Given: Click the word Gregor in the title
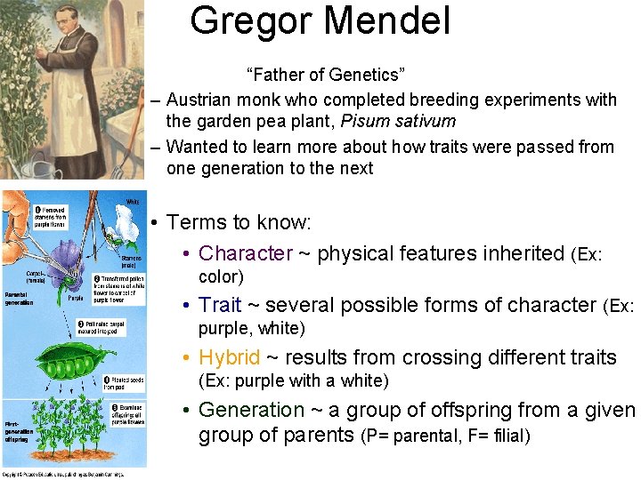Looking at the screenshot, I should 249,20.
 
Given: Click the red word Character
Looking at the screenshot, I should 246,253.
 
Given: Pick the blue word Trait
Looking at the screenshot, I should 220,305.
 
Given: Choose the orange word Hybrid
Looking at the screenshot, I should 230,357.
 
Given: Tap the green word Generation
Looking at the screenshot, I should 252,410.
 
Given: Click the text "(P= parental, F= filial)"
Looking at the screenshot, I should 446,436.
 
